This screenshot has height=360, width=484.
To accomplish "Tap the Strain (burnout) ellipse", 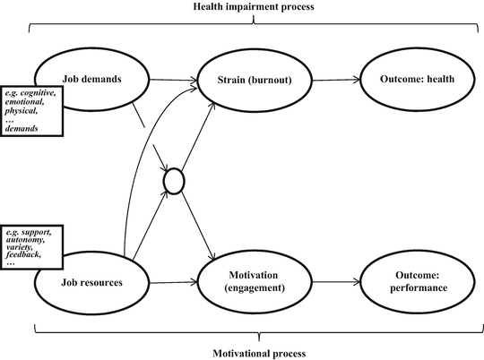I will click(x=258, y=79).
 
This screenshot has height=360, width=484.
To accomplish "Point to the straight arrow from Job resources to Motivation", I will click(x=170, y=281).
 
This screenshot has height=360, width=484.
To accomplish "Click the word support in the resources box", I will click(x=39, y=232).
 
